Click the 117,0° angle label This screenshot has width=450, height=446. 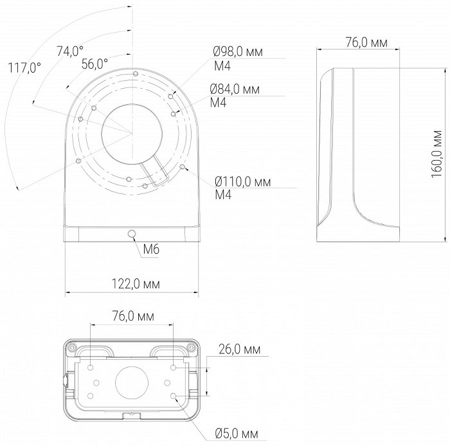[x=24, y=68]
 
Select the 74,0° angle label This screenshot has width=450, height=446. [x=70, y=51]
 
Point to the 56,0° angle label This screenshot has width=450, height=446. [x=94, y=64]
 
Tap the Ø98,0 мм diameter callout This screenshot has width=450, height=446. [x=238, y=52]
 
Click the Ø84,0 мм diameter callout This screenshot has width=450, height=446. [x=235, y=89]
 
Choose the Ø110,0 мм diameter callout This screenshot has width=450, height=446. [x=243, y=182]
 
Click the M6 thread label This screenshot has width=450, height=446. [x=151, y=249]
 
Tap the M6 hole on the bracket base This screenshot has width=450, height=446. [x=132, y=235]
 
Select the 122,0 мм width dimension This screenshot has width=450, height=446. [x=136, y=284]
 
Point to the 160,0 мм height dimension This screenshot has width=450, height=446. [x=437, y=154]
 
